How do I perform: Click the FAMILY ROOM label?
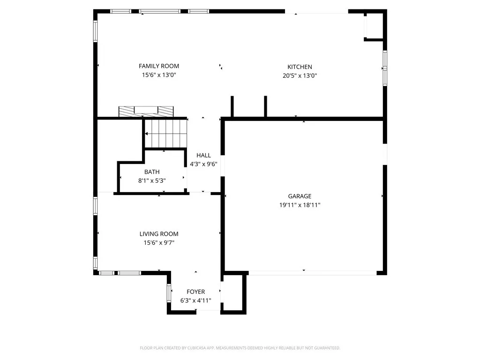(158, 66)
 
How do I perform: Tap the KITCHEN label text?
(300, 67)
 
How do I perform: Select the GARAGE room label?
(300, 196)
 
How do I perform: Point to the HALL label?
(203, 155)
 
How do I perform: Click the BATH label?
(152, 172)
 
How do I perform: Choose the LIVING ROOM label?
(158, 234)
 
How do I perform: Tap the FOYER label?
(195, 292)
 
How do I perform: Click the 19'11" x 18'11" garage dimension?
(300, 205)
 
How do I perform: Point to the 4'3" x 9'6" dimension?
(203, 164)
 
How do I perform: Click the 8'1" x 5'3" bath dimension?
(152, 180)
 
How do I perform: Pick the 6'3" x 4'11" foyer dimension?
(195, 300)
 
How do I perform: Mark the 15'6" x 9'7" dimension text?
(158, 242)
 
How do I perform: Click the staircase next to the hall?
(165, 133)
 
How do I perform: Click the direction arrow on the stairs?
(149, 134)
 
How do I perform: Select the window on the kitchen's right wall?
(385, 68)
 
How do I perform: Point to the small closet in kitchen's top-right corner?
(374, 26)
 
